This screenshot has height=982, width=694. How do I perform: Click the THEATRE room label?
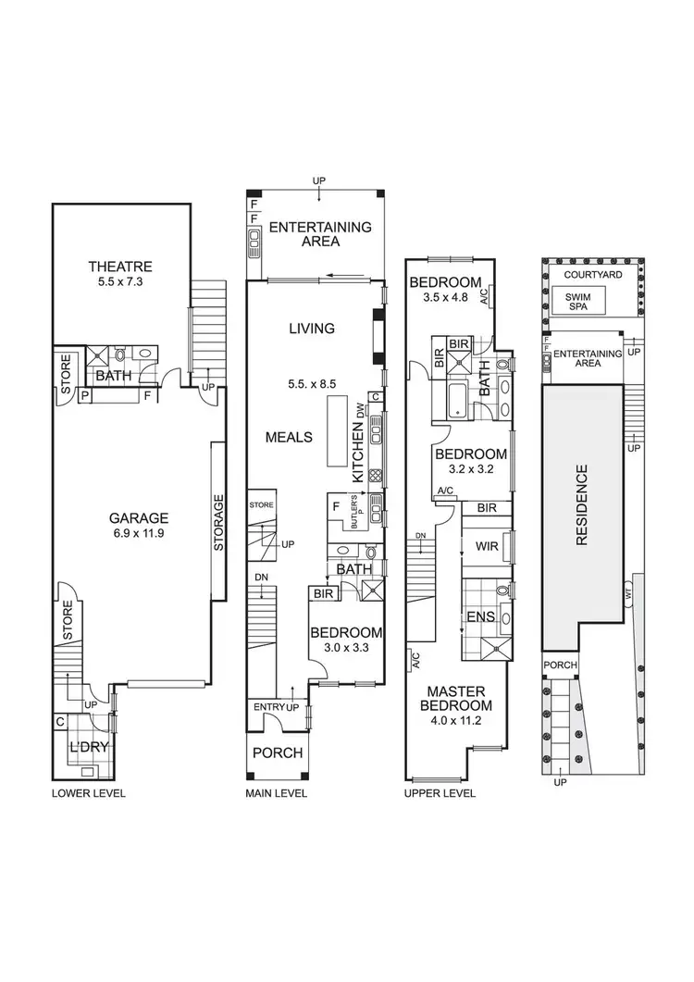click(120, 267)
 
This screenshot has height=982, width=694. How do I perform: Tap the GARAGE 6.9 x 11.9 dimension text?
click(139, 534)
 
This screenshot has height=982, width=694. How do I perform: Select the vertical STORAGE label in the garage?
click(218, 522)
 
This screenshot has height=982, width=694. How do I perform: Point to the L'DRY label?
click(89, 747)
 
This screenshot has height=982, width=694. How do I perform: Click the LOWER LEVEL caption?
click(88, 793)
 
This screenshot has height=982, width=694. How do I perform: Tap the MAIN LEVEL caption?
click(277, 793)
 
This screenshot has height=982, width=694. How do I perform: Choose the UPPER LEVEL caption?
click(440, 793)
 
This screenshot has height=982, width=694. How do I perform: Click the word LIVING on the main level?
click(312, 329)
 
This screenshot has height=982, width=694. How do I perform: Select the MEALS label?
click(289, 437)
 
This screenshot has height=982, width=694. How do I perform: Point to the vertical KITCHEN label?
click(358, 452)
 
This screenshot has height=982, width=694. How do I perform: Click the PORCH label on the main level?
click(278, 752)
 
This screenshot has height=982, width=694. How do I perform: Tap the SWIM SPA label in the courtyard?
click(577, 302)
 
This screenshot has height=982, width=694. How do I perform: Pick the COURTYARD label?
click(593, 275)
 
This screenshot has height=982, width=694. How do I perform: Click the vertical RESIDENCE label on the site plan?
click(582, 504)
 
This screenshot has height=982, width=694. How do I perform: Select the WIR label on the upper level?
click(487, 546)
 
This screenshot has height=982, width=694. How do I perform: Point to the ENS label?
click(481, 617)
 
